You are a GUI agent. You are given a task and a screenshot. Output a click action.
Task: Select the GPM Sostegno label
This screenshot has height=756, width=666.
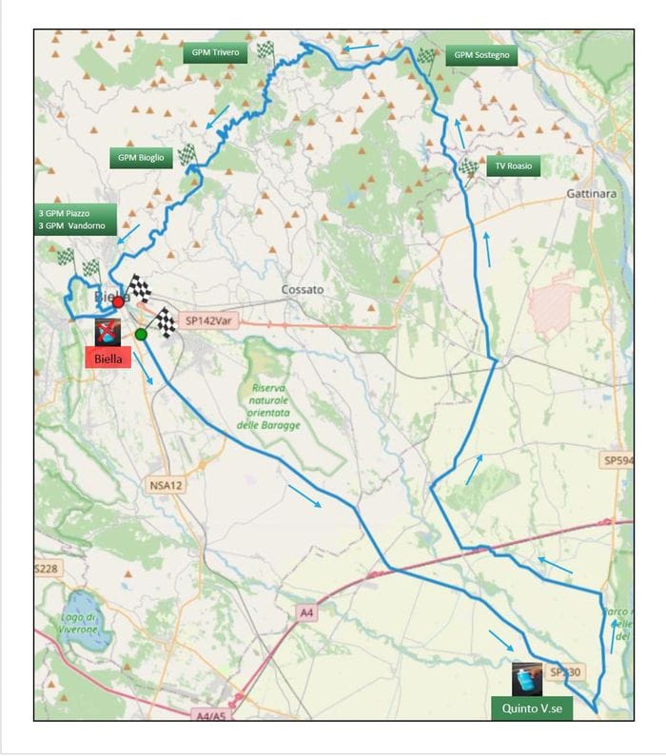click(481, 55)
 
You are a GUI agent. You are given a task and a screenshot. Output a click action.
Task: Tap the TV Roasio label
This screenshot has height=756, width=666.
click(514, 166)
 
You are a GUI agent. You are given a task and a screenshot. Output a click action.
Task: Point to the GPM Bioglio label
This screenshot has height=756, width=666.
click(142, 158)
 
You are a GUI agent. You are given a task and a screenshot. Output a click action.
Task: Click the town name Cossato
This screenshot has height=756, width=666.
click(303, 289)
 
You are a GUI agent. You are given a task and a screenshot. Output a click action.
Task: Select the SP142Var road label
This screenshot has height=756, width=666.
click(207, 321)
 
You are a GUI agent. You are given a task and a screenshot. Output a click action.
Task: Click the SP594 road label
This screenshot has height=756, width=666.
click(616, 460)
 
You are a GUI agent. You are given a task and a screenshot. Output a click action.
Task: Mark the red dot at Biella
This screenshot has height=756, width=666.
click(118, 301)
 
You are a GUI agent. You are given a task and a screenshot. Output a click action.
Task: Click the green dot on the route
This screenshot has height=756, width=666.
click(141, 334)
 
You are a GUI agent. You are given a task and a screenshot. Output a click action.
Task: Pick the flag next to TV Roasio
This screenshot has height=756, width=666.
click(468, 169)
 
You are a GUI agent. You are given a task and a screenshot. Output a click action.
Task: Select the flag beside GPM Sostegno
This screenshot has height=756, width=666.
click(425, 57)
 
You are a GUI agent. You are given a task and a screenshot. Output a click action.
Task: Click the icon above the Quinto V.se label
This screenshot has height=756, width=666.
click(527, 679)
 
